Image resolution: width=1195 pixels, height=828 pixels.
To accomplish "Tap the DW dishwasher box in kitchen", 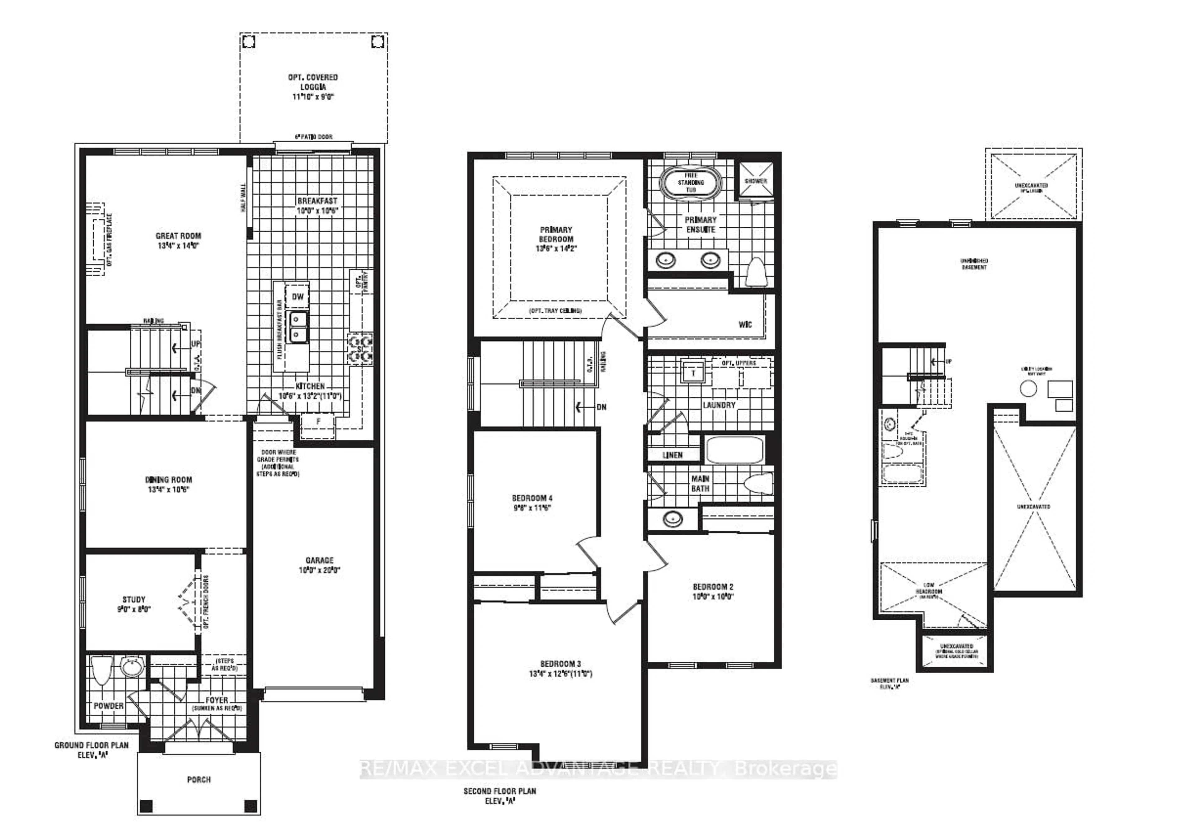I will [297, 297].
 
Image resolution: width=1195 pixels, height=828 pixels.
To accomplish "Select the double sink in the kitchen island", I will [297, 327].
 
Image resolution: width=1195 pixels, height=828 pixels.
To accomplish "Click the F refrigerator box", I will [318, 422].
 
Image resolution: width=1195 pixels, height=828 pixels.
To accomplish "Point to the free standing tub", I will [690, 182].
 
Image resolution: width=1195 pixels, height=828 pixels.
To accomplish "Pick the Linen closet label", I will [672, 455].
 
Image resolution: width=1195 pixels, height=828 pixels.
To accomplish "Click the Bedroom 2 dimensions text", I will [713, 597].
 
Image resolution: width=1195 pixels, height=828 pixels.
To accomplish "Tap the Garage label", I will [319, 560].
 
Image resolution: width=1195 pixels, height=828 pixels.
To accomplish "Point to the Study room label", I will [134, 599].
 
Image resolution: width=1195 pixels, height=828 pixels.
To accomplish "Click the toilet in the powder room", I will [101, 670].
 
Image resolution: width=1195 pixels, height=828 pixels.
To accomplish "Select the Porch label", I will [199, 779].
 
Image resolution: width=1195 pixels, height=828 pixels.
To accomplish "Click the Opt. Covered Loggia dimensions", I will [313, 97].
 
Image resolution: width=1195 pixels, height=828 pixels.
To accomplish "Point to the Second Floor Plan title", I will [499, 791].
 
